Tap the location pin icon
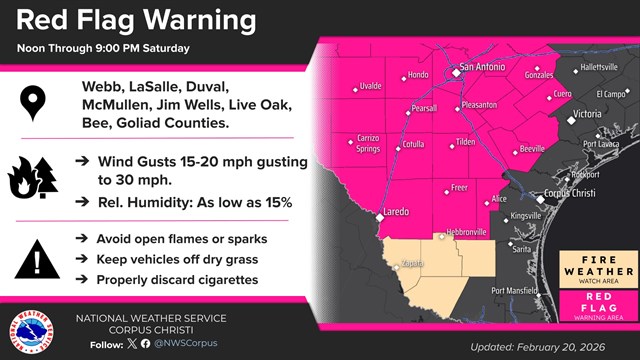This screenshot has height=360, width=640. tap(36, 103)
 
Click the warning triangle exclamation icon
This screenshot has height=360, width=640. tap(36, 259)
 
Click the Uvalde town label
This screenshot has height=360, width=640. tap(369, 86)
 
